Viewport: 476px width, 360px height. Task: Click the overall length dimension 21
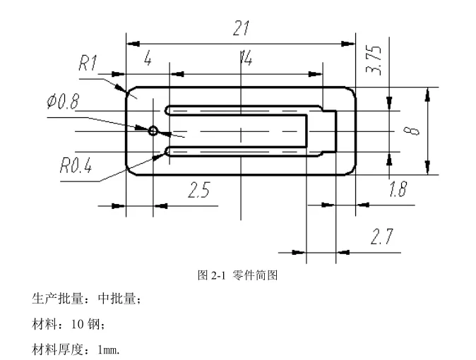[242, 29]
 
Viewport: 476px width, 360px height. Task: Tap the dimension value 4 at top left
[148, 59]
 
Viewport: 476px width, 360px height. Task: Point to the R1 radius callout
[88, 64]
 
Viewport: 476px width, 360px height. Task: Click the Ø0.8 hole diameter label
[64, 102]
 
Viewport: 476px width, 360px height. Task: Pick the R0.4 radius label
[76, 167]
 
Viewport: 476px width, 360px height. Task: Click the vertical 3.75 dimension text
[375, 60]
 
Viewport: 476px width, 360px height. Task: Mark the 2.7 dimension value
[382, 237]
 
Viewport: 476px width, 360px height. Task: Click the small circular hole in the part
[153, 131]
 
